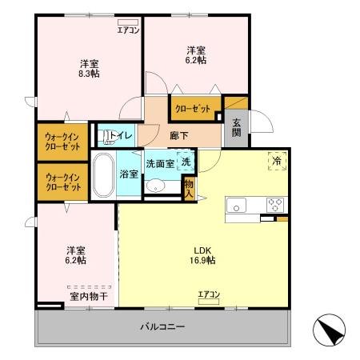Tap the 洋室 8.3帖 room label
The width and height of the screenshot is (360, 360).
click(x=89, y=67)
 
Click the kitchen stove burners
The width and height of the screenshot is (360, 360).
click(x=274, y=203)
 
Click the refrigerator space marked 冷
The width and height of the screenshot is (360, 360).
click(x=277, y=160)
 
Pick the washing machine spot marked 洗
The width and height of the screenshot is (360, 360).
click(x=185, y=161)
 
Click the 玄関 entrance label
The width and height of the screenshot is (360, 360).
click(x=237, y=128)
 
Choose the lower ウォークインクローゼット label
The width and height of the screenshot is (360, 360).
click(x=62, y=182)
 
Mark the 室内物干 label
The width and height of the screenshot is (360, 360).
click(x=89, y=296)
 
